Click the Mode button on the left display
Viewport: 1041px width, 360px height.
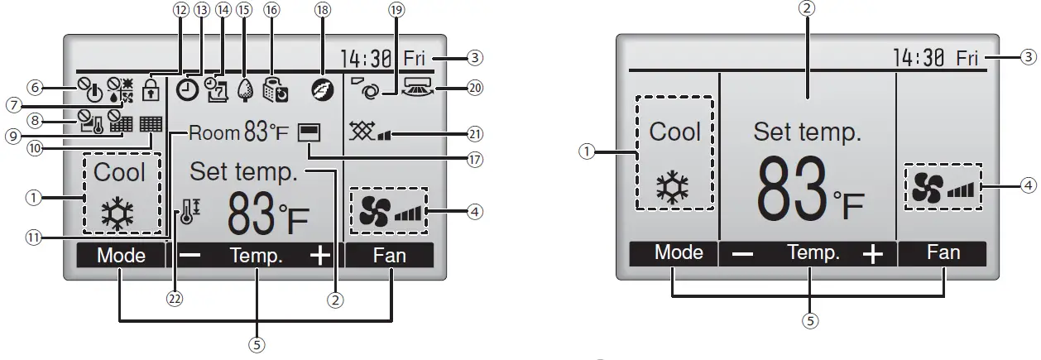coord(121,256)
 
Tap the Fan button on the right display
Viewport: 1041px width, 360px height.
coord(943,253)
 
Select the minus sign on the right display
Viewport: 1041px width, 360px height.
coord(742,254)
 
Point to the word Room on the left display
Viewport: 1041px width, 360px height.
coord(214,132)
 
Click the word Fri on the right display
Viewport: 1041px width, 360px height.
coord(966,58)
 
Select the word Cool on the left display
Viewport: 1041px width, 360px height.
coord(120,172)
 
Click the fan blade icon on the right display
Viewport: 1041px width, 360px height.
coord(923,189)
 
